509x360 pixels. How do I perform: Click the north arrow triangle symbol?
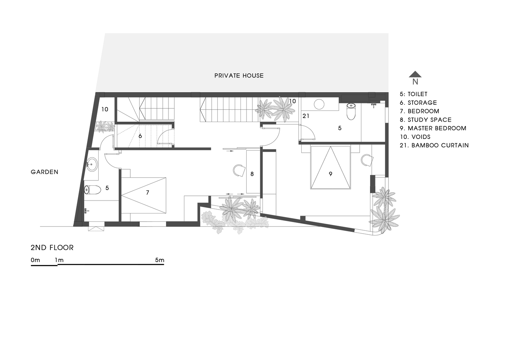415,74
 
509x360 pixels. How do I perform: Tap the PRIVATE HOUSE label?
239,76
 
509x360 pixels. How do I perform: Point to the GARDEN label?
45,172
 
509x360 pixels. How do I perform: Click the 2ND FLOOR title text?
52,248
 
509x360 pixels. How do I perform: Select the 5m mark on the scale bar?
159,260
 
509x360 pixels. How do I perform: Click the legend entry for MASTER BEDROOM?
433,128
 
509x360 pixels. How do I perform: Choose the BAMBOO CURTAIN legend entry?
434,145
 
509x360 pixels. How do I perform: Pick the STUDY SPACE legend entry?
425,120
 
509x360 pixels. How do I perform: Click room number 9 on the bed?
330,174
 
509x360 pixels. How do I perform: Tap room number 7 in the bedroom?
148,193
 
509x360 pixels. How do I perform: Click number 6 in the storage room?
140,136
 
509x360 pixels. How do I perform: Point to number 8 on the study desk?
252,174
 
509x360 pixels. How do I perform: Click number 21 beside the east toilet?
306,116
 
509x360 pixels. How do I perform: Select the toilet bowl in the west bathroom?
93,190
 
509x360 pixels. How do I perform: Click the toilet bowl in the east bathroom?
351,112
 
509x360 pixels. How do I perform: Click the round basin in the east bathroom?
319,104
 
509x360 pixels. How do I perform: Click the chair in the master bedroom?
367,160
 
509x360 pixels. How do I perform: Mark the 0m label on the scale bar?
35,260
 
